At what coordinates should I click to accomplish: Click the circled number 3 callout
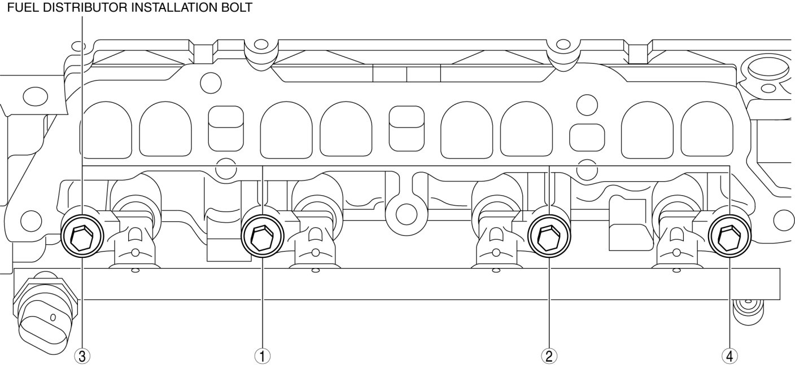pos(82,355)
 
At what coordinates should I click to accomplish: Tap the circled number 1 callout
pos(263,355)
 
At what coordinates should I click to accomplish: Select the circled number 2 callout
pos(548,355)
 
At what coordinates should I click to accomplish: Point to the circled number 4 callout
pos(730,355)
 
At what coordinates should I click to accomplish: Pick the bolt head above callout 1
pos(263,237)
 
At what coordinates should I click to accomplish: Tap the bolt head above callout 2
pos(549,237)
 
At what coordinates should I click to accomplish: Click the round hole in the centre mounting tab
pos(406,213)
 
